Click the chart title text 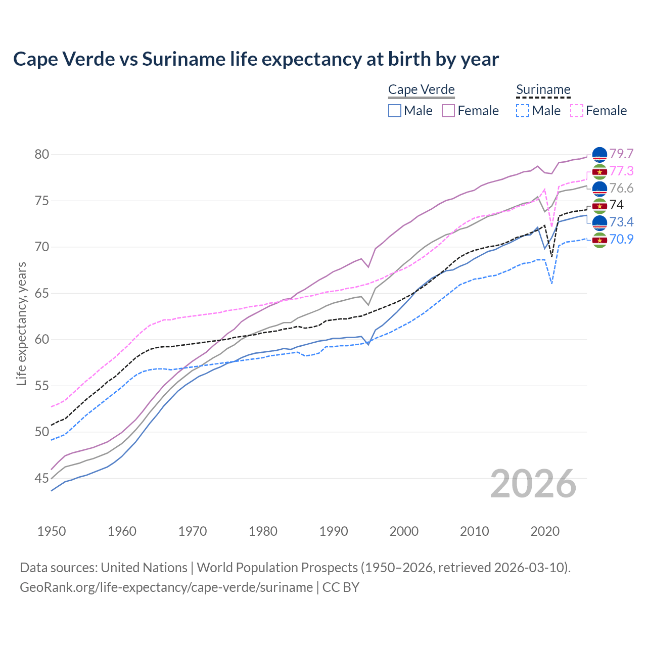click(256, 59)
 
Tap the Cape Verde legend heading click(421, 90)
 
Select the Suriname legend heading click(543, 90)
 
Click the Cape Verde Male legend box click(395, 111)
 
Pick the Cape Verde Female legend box click(448, 111)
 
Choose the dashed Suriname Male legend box click(523, 111)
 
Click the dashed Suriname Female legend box click(576, 111)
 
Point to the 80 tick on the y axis click(42, 154)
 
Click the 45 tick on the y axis click(42, 478)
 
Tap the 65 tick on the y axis click(42, 293)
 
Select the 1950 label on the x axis click(52, 531)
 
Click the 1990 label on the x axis click(334, 531)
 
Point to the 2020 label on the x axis click(545, 531)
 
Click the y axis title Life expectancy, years click(21, 323)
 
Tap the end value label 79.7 click(621, 154)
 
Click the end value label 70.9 click(621, 239)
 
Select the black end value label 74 click(617, 205)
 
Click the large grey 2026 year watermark click(533, 484)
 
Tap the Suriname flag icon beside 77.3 click(599, 172)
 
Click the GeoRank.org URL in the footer click(166, 587)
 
